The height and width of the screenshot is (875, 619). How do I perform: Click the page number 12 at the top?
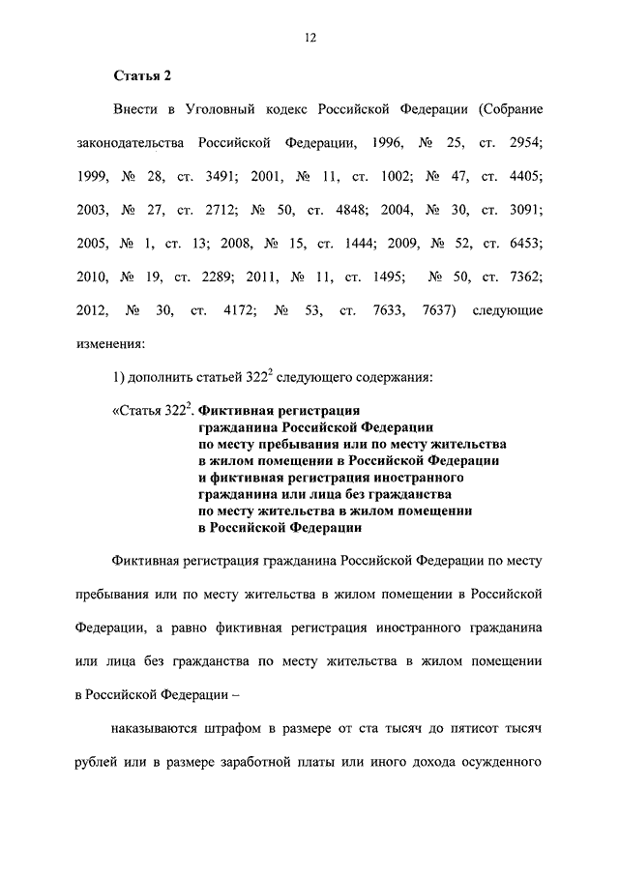[x=309, y=37]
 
